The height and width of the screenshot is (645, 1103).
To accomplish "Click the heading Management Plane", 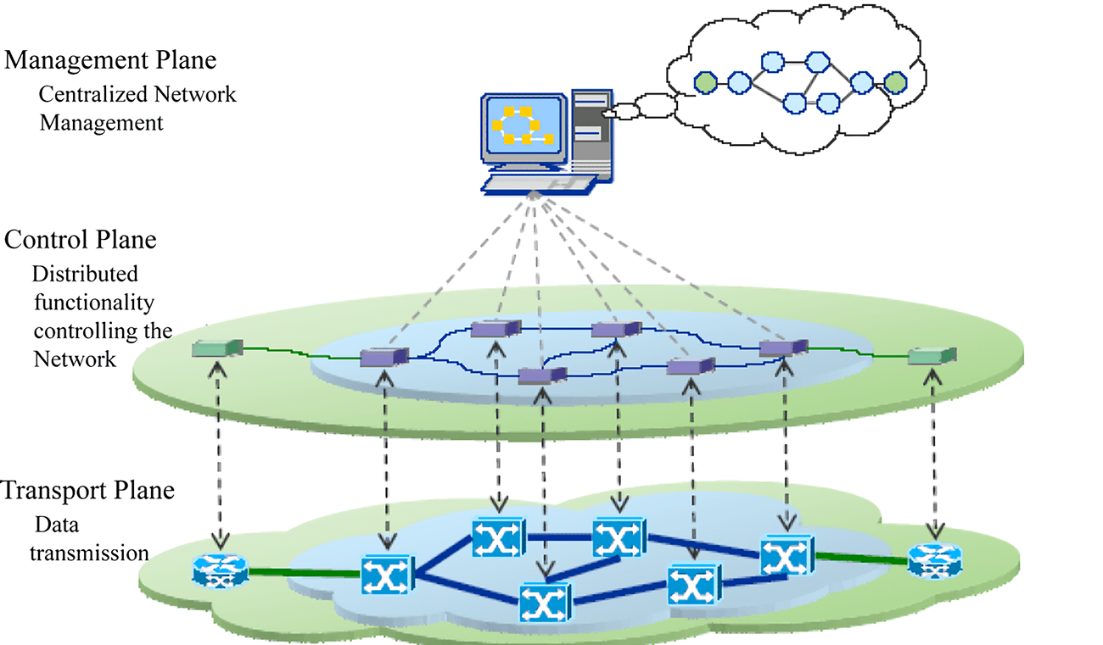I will pos(110,61).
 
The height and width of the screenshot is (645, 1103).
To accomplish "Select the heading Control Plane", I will pos(81,240).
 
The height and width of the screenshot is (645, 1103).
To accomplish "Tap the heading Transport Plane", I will pos(88,491).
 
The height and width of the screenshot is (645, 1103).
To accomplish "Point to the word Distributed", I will pos(85,275).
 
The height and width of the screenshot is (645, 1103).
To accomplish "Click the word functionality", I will pos(93,303).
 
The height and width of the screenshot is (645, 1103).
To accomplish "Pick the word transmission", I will pos(90,553).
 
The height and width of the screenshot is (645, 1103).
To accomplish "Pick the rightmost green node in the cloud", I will pos(893,82).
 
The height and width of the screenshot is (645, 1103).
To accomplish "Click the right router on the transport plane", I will pos(935,562).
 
